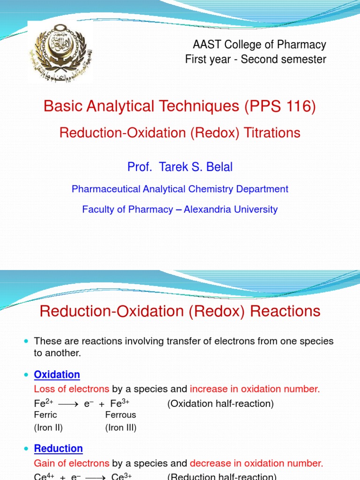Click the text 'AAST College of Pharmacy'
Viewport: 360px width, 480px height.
[x=259, y=45]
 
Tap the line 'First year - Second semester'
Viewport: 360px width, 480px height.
[x=255, y=60]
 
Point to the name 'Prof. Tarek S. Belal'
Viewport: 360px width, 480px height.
[x=180, y=167]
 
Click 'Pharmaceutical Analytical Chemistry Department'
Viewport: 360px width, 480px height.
[x=180, y=189]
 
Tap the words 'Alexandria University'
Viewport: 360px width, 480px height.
[x=231, y=210]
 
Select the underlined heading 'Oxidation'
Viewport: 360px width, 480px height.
[x=57, y=375]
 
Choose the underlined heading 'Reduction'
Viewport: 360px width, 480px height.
[x=59, y=449]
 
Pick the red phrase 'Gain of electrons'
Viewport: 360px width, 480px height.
[x=71, y=464]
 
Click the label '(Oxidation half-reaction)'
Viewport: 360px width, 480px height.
[x=220, y=404]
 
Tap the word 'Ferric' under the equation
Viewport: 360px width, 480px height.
[x=45, y=415]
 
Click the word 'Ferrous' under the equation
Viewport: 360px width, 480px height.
[x=120, y=415]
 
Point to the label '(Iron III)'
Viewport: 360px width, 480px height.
[x=120, y=427]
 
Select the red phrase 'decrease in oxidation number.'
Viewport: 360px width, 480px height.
[x=256, y=464]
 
